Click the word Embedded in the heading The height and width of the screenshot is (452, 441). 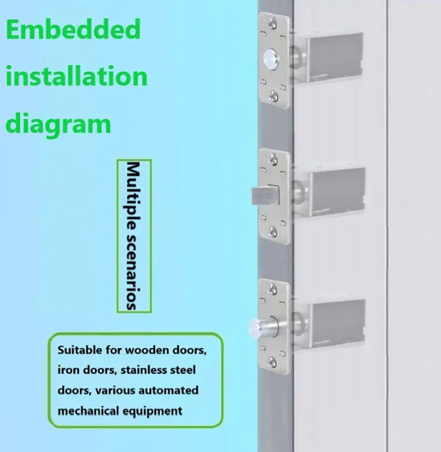click(x=73, y=29)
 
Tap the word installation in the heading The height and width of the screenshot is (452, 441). click(x=77, y=76)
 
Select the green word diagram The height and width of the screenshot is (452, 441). click(x=58, y=125)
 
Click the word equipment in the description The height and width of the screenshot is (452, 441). click(x=153, y=411)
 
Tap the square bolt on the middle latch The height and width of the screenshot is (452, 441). click(x=265, y=195)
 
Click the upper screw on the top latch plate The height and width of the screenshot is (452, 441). click(x=272, y=24)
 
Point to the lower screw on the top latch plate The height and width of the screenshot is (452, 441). click(x=273, y=95)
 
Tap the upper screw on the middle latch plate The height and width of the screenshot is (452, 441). click(x=273, y=158)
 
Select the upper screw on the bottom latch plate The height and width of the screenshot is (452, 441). click(x=272, y=289)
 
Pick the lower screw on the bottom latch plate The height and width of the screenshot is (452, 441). click(x=272, y=361)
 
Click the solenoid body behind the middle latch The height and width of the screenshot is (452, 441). click(x=337, y=192)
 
